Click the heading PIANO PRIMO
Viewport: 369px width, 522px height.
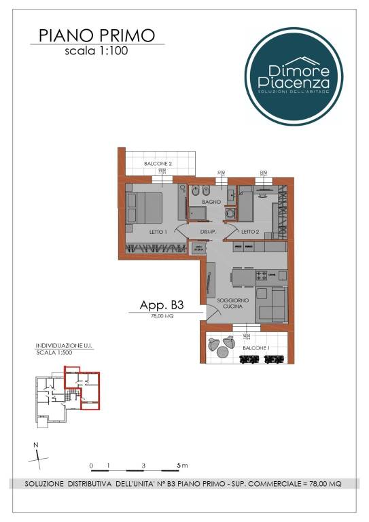point(96,35)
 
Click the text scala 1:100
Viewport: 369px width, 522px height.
point(96,50)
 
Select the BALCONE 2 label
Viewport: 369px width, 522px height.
point(156,164)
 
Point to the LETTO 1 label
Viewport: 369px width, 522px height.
point(158,232)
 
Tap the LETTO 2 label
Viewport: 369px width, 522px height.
point(249,232)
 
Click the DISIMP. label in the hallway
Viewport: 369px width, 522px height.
point(208,232)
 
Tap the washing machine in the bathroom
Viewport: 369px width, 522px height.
point(229,213)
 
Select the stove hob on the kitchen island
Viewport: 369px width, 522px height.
point(262,275)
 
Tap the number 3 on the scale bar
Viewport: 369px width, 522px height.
point(143,466)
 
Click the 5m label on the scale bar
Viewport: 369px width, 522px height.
point(181,466)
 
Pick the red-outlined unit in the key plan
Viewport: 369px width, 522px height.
point(83,387)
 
